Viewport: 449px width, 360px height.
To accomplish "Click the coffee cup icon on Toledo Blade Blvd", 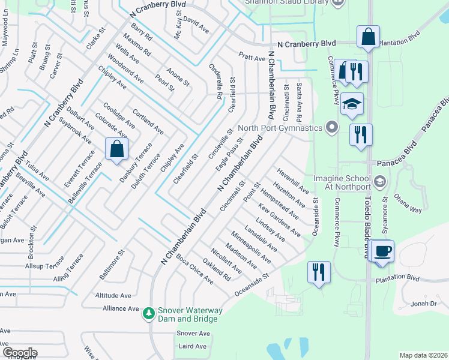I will pyautogui.click(x=382, y=251).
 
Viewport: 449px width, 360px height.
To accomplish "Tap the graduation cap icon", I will pyautogui.click(x=352, y=105).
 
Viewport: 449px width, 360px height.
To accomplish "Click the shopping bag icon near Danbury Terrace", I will pyautogui.click(x=116, y=149).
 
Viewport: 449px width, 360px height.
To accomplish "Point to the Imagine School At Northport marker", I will pyautogui.click(x=379, y=181).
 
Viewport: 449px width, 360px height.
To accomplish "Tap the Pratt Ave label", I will pyautogui.click(x=252, y=58).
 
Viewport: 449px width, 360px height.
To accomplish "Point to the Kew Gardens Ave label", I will pyautogui.click(x=280, y=219).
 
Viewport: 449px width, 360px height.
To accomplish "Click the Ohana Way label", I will pyautogui.click(x=408, y=203).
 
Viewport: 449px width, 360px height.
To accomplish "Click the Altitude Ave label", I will pyautogui.click(x=113, y=296).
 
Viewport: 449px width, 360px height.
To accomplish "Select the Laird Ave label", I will pyautogui.click(x=193, y=346).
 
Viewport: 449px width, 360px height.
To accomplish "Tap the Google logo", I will pyautogui.click(x=19, y=353).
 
